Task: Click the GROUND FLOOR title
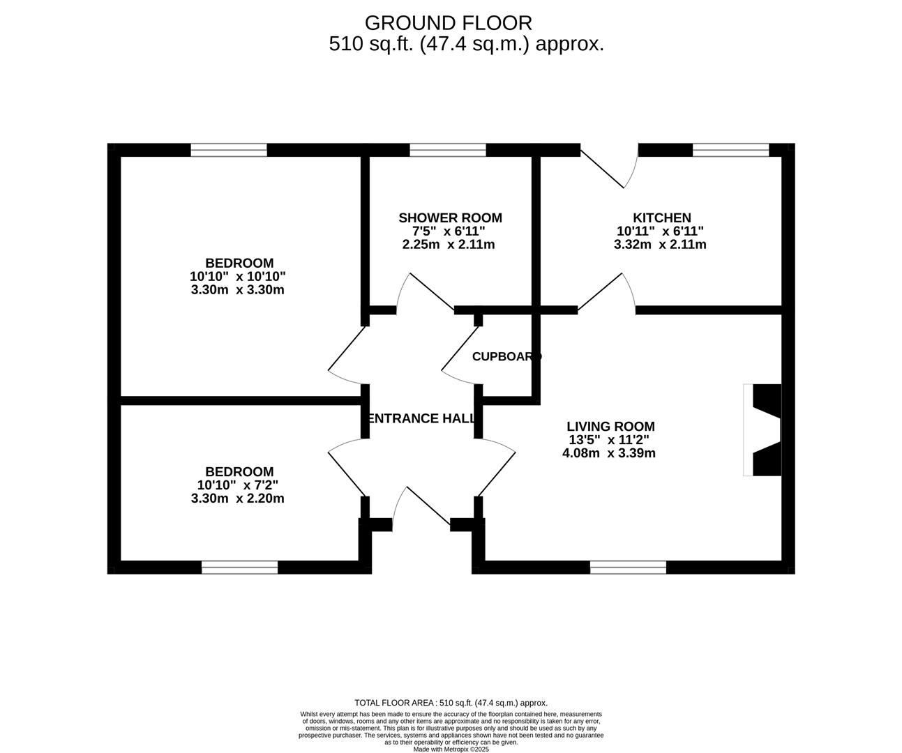tap(449, 23)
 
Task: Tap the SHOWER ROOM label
tap(450, 218)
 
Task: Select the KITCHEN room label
tap(662, 218)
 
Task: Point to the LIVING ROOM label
tap(610, 427)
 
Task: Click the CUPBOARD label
tap(506, 357)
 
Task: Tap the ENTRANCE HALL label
tap(421, 418)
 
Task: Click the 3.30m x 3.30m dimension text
tap(238, 290)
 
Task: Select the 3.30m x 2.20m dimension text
tap(238, 499)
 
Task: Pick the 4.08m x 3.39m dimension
tap(609, 453)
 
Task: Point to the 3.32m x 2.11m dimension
tap(660, 245)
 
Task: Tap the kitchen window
tap(731, 151)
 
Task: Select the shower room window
tap(448, 151)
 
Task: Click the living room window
tap(628, 568)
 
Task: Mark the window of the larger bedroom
tap(229, 151)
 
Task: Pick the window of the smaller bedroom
tap(240, 568)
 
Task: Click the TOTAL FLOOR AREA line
tap(451, 703)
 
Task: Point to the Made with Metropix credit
tap(451, 750)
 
